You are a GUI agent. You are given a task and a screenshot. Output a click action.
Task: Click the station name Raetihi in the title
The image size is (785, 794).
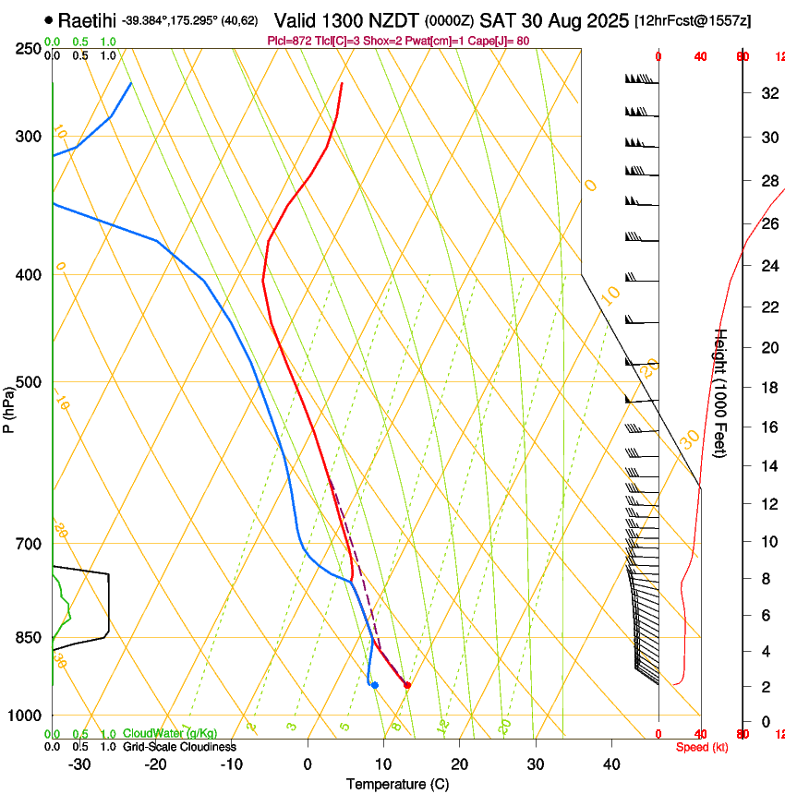tap(89, 18)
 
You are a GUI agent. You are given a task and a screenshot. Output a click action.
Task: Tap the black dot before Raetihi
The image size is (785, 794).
tap(49, 19)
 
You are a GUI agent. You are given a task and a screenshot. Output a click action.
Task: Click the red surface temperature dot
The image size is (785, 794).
tap(407, 684)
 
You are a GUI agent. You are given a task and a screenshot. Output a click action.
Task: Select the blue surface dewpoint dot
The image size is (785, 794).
tap(374, 684)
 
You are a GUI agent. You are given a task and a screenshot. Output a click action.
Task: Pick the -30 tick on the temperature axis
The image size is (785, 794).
tap(79, 764)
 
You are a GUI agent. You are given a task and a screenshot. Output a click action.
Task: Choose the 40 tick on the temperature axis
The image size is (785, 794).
tap(611, 764)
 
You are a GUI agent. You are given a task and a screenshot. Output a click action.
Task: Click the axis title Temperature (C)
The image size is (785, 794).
tap(399, 784)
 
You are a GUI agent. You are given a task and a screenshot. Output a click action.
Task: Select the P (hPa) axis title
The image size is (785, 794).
tap(9, 406)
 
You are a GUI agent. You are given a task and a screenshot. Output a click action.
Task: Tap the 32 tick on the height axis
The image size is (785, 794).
tap(767, 93)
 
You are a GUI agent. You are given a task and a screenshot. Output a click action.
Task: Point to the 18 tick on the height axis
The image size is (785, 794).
tap(767, 388)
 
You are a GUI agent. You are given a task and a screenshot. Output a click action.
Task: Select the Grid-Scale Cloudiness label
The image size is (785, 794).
tap(179, 746)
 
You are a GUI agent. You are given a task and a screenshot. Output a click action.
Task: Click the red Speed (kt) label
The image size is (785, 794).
tap(702, 747)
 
